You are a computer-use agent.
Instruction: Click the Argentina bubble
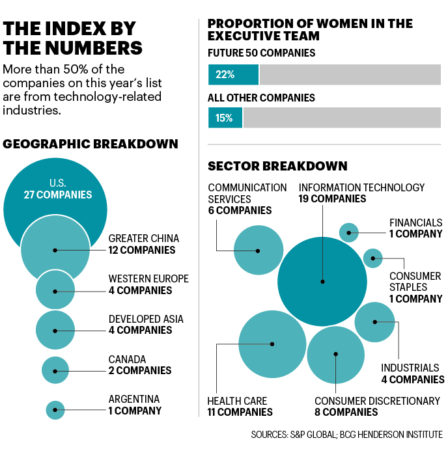click(x=55, y=410)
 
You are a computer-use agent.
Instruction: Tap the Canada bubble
click(x=55, y=370)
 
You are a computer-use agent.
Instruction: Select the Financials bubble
click(x=349, y=232)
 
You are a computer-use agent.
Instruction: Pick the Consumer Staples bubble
click(x=372, y=258)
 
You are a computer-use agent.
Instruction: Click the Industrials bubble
click(x=375, y=321)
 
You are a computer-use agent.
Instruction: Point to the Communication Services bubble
click(x=258, y=250)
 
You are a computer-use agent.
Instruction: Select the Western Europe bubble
click(x=55, y=290)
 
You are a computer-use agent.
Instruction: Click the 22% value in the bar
click(x=225, y=74)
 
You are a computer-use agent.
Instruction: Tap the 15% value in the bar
click(x=224, y=118)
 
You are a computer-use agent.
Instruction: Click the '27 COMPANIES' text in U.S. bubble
click(x=58, y=195)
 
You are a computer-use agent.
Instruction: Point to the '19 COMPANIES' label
click(x=332, y=199)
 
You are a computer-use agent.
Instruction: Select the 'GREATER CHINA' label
click(x=143, y=238)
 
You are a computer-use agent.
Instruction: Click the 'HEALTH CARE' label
click(x=237, y=401)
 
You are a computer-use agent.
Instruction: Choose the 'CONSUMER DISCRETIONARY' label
click(x=377, y=401)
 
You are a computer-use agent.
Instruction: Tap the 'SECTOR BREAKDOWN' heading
click(x=277, y=166)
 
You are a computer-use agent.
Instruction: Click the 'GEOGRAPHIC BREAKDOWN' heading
click(x=91, y=144)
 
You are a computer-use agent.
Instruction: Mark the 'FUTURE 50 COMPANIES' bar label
click(x=261, y=53)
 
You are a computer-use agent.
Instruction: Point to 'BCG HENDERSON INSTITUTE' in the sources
click(x=399, y=434)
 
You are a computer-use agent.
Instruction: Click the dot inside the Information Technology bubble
click(x=322, y=282)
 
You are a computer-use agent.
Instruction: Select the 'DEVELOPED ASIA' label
click(x=146, y=319)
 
